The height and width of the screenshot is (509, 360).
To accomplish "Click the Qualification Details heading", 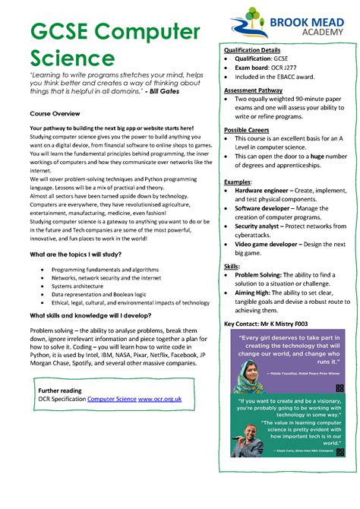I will tap(252, 50).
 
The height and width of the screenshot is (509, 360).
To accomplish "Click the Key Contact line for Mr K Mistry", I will tap(267, 323).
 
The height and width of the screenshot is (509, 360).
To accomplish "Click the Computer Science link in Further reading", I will tap(112, 398).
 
